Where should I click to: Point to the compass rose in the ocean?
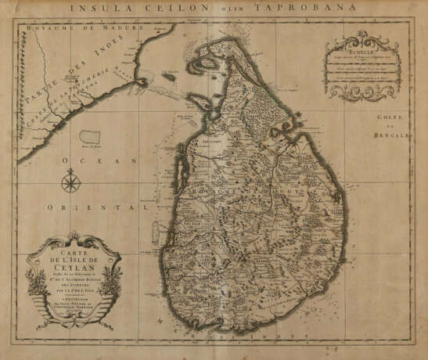71,182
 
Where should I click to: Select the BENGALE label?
398,134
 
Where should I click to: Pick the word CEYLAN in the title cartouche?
70,264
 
